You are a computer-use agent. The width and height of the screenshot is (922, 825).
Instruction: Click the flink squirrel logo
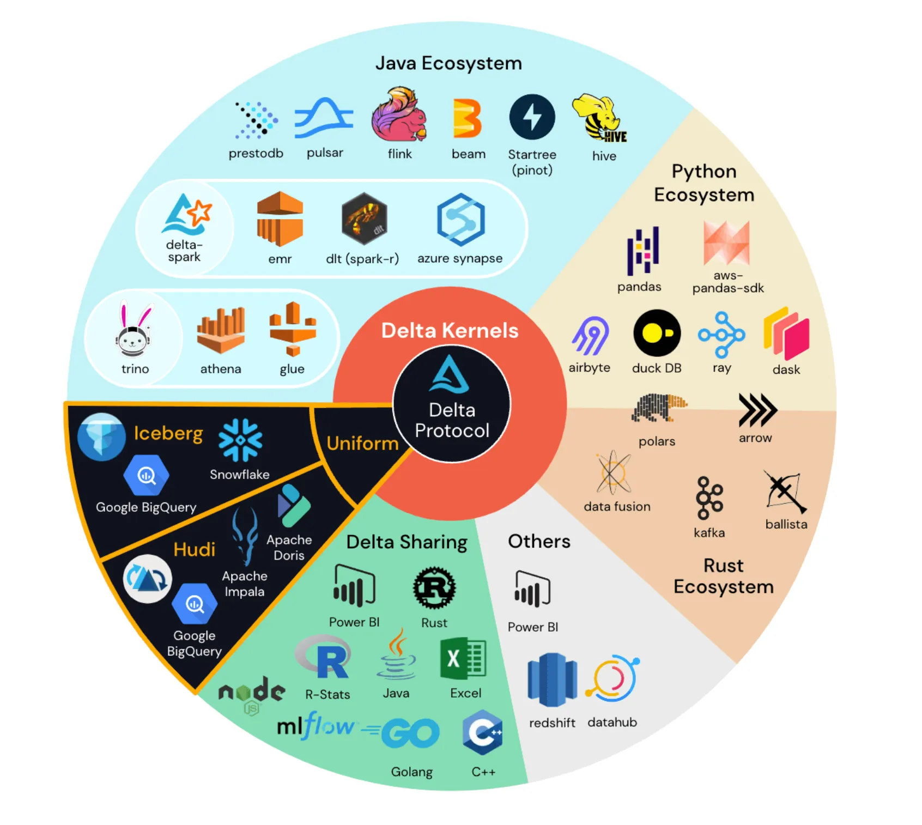click(x=398, y=115)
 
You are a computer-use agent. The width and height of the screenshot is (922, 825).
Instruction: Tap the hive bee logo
click(x=600, y=118)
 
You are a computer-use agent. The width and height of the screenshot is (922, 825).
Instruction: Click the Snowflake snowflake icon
click(x=240, y=440)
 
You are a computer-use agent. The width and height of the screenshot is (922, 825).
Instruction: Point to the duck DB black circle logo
click(x=657, y=333)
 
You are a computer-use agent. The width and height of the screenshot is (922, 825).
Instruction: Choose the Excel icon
click(x=464, y=659)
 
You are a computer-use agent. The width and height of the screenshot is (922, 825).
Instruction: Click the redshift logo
click(x=551, y=680)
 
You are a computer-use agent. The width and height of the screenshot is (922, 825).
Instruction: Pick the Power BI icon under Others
click(x=532, y=589)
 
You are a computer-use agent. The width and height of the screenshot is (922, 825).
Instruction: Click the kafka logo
click(x=709, y=498)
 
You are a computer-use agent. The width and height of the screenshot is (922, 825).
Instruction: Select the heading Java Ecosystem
click(x=448, y=63)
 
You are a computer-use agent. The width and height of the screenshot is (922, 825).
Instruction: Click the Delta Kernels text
click(x=450, y=330)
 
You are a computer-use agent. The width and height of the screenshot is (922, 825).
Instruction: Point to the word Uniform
click(x=362, y=443)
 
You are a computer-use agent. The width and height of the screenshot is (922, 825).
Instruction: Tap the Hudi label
click(x=194, y=549)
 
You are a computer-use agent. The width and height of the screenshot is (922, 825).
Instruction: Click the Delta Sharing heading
click(x=407, y=542)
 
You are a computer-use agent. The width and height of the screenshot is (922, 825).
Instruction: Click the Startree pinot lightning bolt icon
click(x=532, y=117)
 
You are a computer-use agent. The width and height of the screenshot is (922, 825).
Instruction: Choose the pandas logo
click(x=643, y=251)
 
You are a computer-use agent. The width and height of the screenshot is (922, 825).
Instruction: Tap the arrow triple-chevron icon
click(x=757, y=410)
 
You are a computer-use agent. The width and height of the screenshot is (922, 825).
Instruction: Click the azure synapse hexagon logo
click(x=460, y=220)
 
